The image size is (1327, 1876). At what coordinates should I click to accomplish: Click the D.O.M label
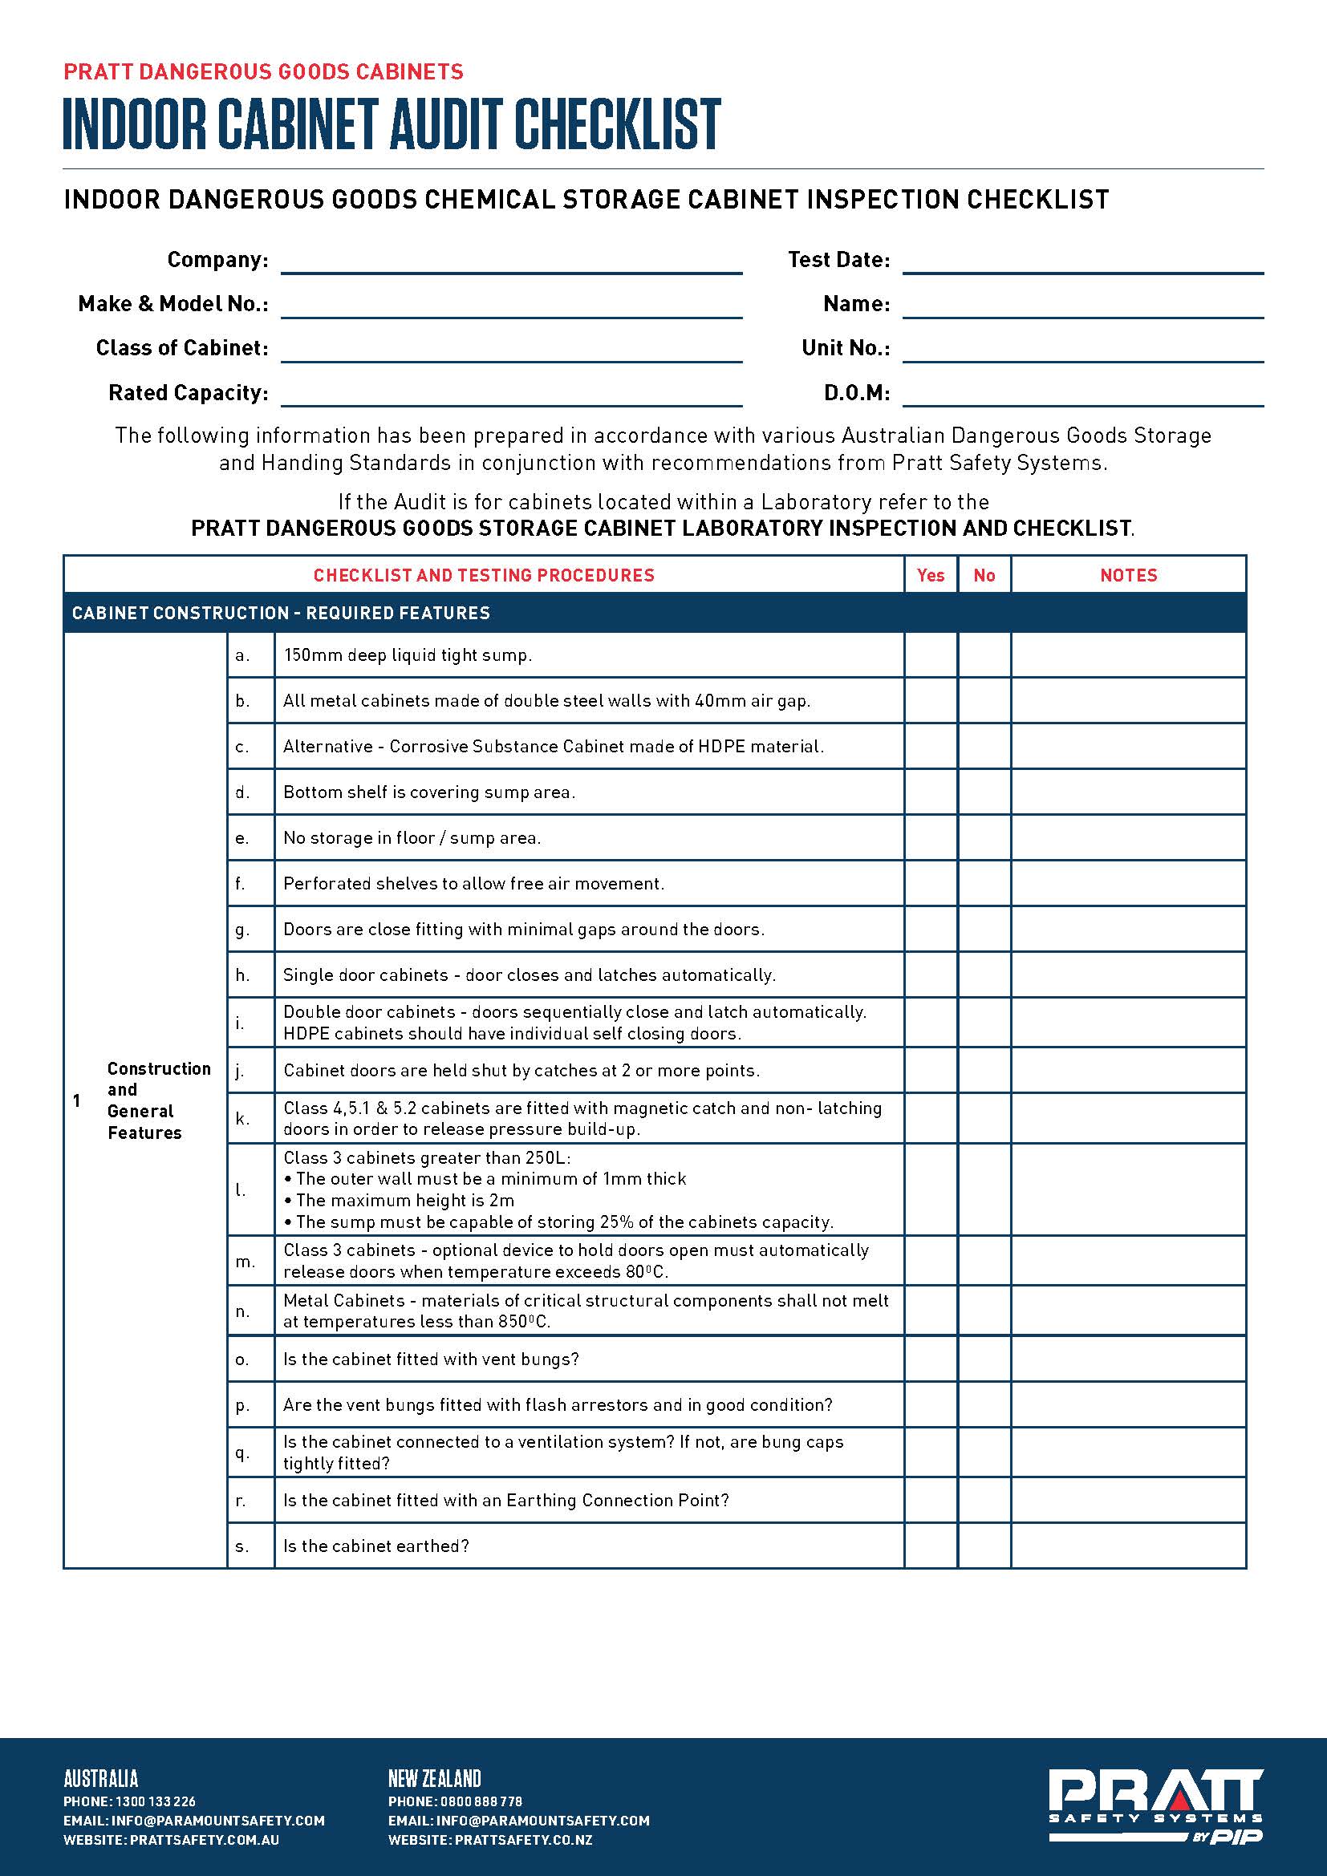point(856,393)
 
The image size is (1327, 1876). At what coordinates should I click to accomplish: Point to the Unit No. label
point(846,348)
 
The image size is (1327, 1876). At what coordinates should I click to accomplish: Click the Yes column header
point(931,575)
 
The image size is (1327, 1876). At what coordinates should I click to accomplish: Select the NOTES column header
point(1129,575)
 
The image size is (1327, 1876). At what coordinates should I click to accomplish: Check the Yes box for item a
point(931,655)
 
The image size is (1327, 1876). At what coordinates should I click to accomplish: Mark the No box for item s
point(984,1546)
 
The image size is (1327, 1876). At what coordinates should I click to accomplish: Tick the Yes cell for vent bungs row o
point(931,1359)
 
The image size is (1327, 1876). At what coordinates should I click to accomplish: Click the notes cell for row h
point(1129,974)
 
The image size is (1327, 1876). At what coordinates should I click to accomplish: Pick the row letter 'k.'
point(241,1119)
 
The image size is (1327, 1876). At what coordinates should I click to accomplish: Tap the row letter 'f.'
point(241,883)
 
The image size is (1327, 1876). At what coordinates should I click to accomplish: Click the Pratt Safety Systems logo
point(1155,1805)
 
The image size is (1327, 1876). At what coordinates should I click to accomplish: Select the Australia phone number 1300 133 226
point(156,1801)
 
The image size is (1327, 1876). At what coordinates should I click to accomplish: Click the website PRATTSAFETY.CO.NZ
point(523,1840)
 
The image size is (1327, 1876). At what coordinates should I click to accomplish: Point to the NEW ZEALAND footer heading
point(435,1778)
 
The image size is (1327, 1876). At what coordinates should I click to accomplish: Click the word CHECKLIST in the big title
point(617,124)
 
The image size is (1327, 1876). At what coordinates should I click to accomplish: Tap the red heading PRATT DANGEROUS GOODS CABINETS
point(263,72)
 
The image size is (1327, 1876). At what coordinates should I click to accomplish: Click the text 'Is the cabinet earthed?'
point(375,1546)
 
